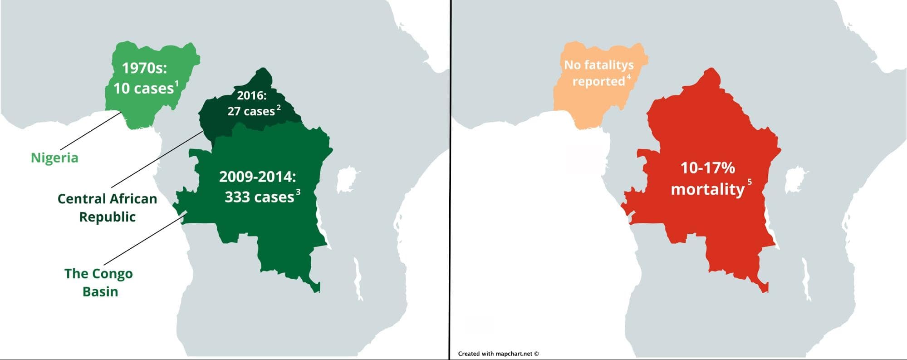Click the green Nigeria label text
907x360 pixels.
pyautogui.click(x=54, y=158)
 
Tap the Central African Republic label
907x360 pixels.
pyautogui.click(x=107, y=207)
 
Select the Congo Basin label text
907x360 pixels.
pyautogui.click(x=98, y=282)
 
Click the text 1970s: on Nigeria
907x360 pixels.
pyautogui.click(x=144, y=68)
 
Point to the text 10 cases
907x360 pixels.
pyautogui.click(x=143, y=88)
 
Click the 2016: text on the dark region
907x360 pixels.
pyautogui.click(x=252, y=95)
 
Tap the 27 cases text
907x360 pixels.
pyautogui.click(x=251, y=111)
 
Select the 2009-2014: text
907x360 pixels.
pyautogui.click(x=257, y=177)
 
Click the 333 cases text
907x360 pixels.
pyautogui.click(x=259, y=197)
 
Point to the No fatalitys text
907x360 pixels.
pyautogui.click(x=598, y=65)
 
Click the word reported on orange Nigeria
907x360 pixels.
pyautogui.click(x=598, y=81)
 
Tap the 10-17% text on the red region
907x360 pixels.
pyautogui.click(x=707, y=168)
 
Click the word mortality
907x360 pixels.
pyautogui.click(x=707, y=189)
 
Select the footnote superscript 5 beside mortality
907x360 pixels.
pyautogui.click(x=750, y=182)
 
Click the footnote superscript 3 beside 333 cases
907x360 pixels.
pyautogui.click(x=298, y=192)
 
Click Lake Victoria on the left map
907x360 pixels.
pyautogui.click(x=346, y=179)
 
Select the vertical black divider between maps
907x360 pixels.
pyautogui.click(x=450, y=182)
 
